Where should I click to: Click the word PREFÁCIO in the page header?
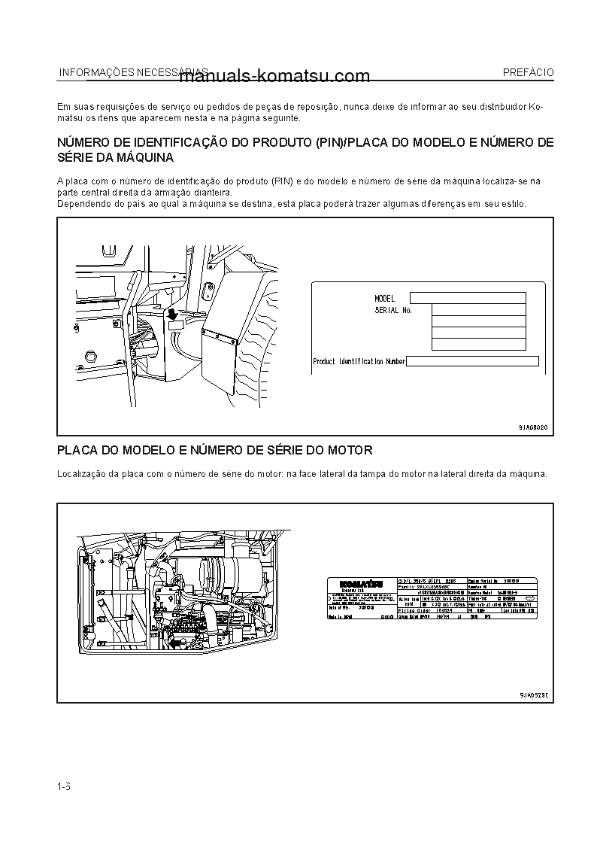528,72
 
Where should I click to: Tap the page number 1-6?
64,787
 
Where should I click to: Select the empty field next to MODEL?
467,298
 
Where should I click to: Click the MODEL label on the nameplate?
384,299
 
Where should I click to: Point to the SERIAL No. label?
392,310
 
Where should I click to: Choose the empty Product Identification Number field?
472,362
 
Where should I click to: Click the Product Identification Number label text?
359,362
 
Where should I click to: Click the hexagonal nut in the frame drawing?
92,356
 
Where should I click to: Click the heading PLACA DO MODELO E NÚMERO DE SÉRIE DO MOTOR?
215,451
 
